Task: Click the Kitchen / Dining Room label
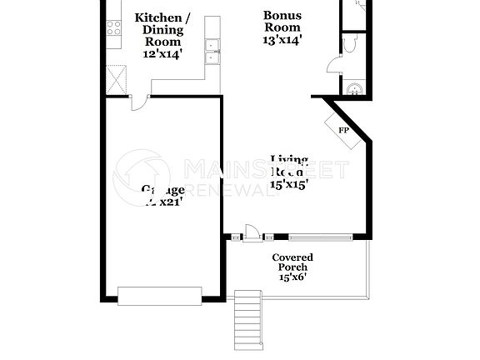tap(162, 29)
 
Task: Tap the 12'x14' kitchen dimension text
tap(162, 53)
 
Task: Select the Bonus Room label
tap(282, 21)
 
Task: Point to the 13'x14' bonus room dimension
tap(282, 39)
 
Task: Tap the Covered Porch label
tap(293, 262)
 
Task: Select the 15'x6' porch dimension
tap(293, 277)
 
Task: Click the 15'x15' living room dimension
tap(289, 185)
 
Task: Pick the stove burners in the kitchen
tap(113, 27)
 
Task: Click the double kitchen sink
tap(212, 52)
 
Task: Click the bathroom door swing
tap(333, 65)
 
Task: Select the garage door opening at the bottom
tap(159, 295)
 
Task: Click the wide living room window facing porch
tap(321, 237)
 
